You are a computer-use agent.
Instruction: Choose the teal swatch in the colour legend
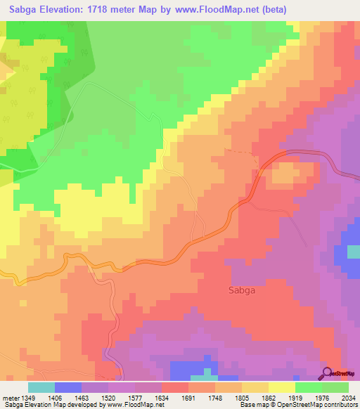(x=41, y=387)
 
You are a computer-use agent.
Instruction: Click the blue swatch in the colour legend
(x=68, y=387)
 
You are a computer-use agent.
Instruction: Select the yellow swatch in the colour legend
(x=282, y=387)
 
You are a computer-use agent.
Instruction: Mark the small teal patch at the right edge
(x=353, y=252)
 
